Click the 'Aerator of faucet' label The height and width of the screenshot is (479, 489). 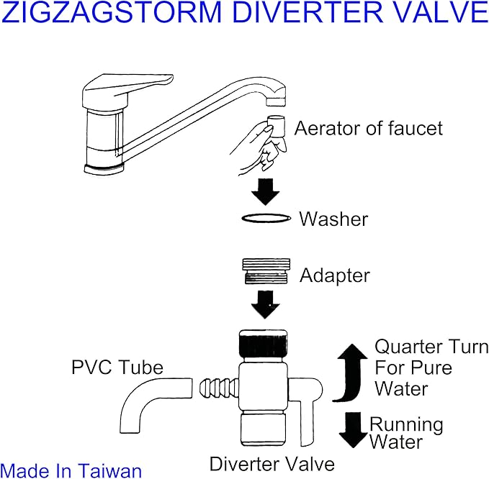tap(368, 129)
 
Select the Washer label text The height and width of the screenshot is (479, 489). tap(333, 219)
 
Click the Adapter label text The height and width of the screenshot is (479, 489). tap(335, 275)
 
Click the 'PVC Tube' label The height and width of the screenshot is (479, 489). tap(117, 368)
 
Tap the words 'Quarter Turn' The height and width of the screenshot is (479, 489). tap(431, 347)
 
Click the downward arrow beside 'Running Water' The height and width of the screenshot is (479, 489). tap(354, 430)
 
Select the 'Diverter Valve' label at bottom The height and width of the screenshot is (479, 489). tap(272, 462)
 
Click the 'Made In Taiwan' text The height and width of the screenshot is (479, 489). tap(71, 470)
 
